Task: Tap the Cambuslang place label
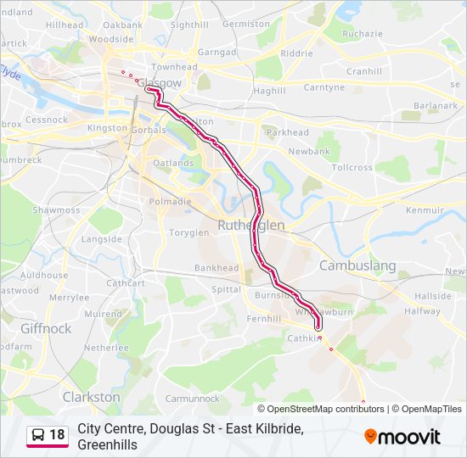[357, 265]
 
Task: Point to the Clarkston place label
[91, 396]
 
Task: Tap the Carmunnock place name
[192, 398]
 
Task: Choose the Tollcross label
[352, 167]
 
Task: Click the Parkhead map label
[288, 132]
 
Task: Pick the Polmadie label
[170, 202]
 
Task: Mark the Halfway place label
[423, 311]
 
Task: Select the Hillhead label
[65, 25]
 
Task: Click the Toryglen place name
[188, 232]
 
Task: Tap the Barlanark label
[436, 105]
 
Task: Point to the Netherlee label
[106, 348]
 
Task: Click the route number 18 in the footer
[57, 435]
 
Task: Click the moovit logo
[402, 437]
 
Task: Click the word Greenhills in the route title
[107, 444]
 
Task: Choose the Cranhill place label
[364, 71]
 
